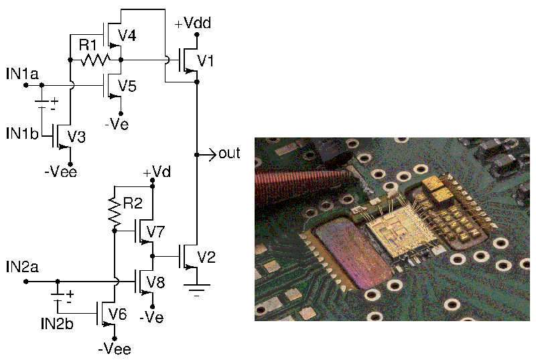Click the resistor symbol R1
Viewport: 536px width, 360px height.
point(96,60)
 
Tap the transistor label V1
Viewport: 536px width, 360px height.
point(206,62)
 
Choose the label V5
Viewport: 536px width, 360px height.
point(127,86)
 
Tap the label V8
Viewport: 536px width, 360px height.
point(155,282)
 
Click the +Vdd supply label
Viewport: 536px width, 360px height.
point(193,23)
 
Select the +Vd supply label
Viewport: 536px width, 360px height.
point(156,172)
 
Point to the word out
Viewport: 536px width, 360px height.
point(229,154)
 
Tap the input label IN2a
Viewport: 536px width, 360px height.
point(21,267)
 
